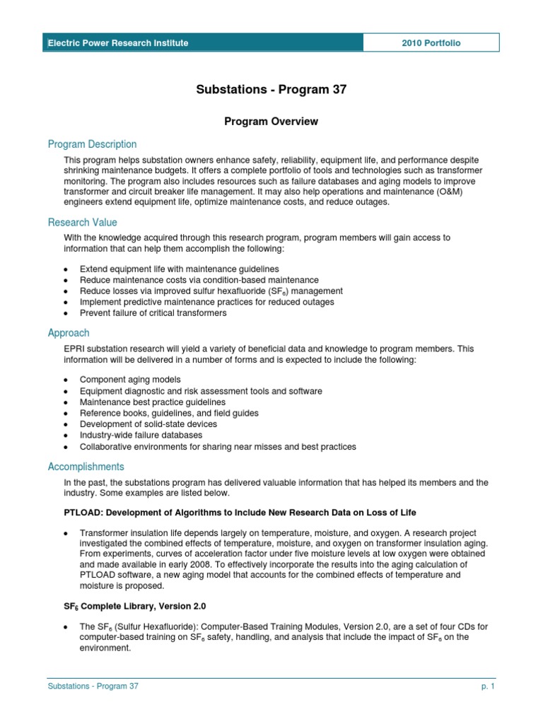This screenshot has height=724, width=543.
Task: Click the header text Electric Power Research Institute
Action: click(x=118, y=43)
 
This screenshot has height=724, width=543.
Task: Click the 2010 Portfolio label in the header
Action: click(x=431, y=43)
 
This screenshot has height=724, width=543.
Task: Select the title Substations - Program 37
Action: click(x=271, y=90)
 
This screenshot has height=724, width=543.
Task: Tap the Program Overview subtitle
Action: click(x=271, y=122)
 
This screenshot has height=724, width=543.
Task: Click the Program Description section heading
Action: click(x=92, y=144)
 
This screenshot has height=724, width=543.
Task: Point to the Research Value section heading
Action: click(x=83, y=222)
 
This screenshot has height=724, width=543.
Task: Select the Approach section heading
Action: click(x=69, y=332)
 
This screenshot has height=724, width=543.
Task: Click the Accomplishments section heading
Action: click(x=86, y=467)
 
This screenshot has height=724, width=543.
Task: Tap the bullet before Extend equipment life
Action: click(x=66, y=269)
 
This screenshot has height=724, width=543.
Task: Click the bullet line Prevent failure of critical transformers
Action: click(x=153, y=313)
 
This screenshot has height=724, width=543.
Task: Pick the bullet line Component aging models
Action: click(x=130, y=380)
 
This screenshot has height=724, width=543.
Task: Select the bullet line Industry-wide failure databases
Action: click(x=141, y=435)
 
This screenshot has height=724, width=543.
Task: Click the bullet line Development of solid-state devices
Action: click(x=148, y=424)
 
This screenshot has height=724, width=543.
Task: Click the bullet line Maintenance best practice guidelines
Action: click(x=153, y=402)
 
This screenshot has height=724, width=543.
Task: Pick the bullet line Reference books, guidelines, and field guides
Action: click(x=169, y=413)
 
